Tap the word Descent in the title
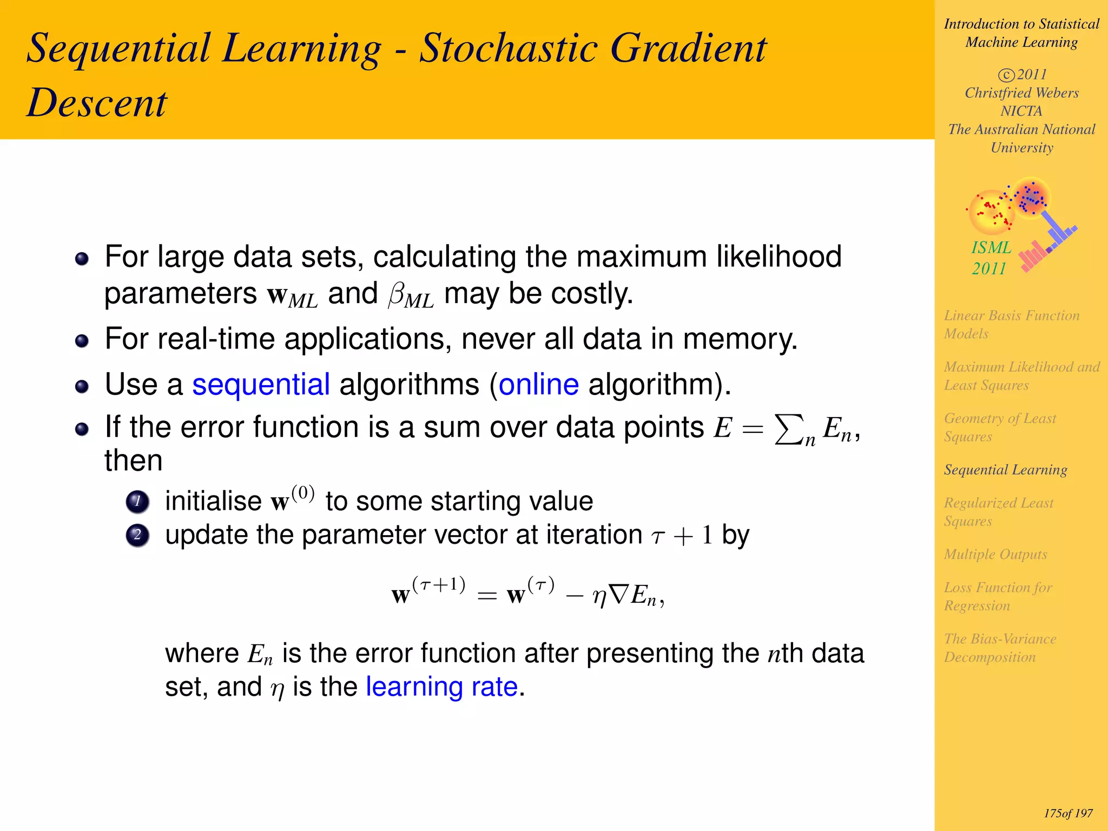[97, 103]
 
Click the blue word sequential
[261, 385]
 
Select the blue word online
[539, 385]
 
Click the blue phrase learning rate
[442, 687]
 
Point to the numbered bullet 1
[137, 502]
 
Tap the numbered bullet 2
[137, 535]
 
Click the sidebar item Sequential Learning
[1005, 470]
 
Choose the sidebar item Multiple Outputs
[995, 554]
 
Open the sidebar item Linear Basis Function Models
[1011, 325]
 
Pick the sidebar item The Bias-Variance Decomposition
[1000, 648]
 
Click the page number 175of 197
[1068, 813]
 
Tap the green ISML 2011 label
[991, 258]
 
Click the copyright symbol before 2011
[1006, 75]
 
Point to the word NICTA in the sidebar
[1021, 111]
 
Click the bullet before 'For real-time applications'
[82, 341]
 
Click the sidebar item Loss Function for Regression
[998, 596]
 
